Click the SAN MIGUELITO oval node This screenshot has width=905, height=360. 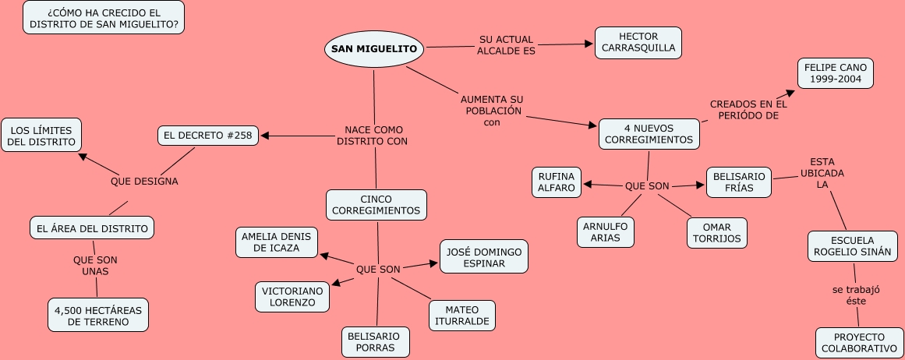(374, 49)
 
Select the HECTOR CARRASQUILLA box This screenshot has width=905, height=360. (638, 43)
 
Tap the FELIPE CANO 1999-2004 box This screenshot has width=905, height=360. (835, 74)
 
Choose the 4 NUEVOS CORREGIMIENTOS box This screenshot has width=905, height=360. (649, 134)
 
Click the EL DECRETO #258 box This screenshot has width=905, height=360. (207, 136)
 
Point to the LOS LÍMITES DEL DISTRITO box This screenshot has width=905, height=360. (41, 136)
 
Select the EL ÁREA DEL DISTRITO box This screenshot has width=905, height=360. (91, 228)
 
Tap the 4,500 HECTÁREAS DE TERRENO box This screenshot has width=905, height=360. (97, 315)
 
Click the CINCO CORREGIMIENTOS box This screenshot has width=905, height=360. (376, 205)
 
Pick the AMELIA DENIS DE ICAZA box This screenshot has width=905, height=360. (278, 242)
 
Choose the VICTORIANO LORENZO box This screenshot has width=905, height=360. (292, 296)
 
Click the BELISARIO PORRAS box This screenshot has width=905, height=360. (375, 341)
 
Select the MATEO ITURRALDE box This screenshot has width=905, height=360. (461, 315)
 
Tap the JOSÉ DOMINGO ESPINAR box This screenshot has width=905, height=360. (483, 256)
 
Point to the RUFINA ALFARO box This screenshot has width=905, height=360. (557, 182)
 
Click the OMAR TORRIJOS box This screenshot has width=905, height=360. (716, 232)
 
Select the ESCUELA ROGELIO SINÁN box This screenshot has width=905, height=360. (853, 246)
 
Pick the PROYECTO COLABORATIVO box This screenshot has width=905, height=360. (858, 343)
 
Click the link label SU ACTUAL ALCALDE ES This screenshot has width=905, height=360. (507, 45)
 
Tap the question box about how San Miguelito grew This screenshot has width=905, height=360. (104, 18)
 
